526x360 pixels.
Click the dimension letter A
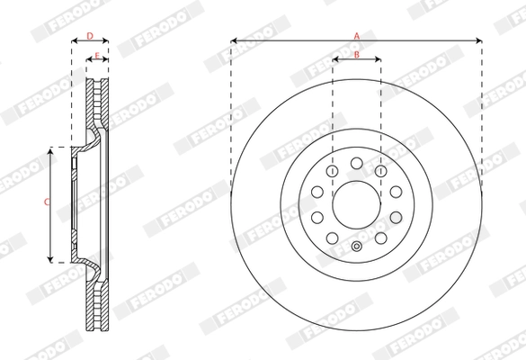356,35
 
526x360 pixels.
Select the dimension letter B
356,56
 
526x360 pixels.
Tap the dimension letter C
47,203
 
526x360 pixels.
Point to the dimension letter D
90,36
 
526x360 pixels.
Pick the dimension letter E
97,56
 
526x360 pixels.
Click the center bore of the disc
356,204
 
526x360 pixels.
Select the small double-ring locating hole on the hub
356,247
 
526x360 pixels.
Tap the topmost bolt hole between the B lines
356,162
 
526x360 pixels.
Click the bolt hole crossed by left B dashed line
332,171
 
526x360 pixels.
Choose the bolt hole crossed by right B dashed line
380,171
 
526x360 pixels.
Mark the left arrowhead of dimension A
234,40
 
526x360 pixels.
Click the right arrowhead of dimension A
478,40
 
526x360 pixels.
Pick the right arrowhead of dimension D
106,41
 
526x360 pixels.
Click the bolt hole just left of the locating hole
332,238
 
